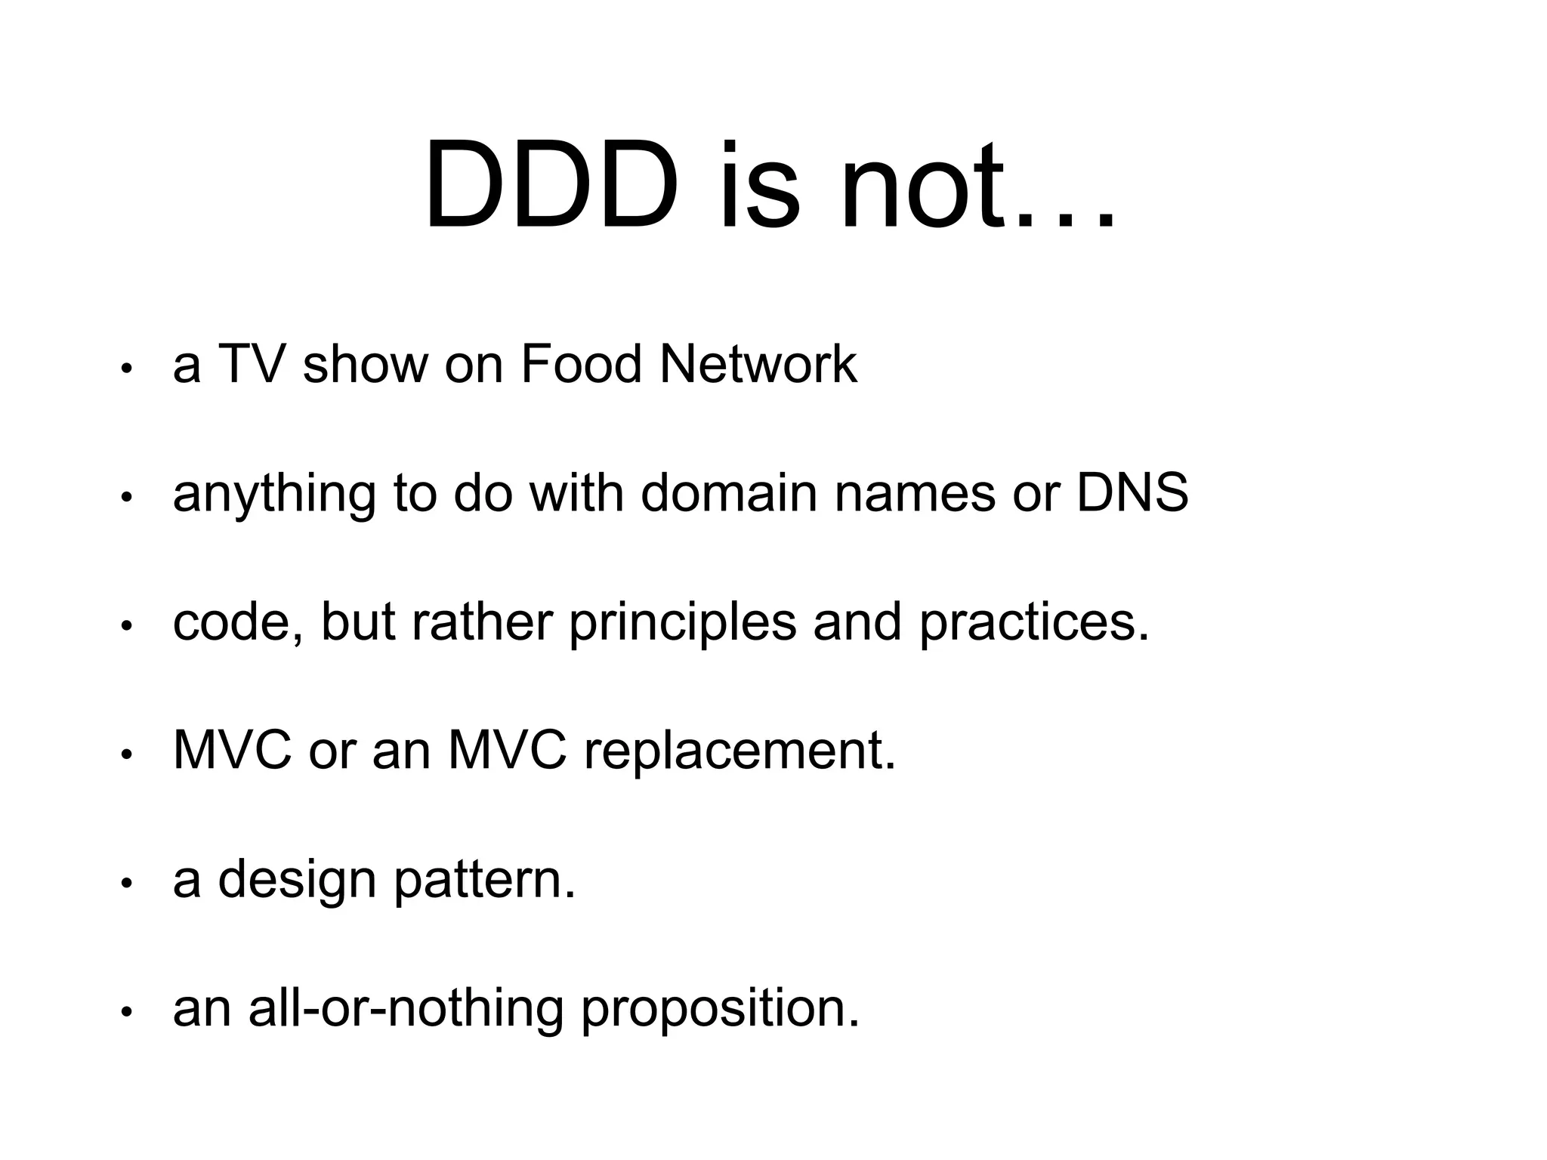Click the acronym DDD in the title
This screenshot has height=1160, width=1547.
(x=551, y=187)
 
